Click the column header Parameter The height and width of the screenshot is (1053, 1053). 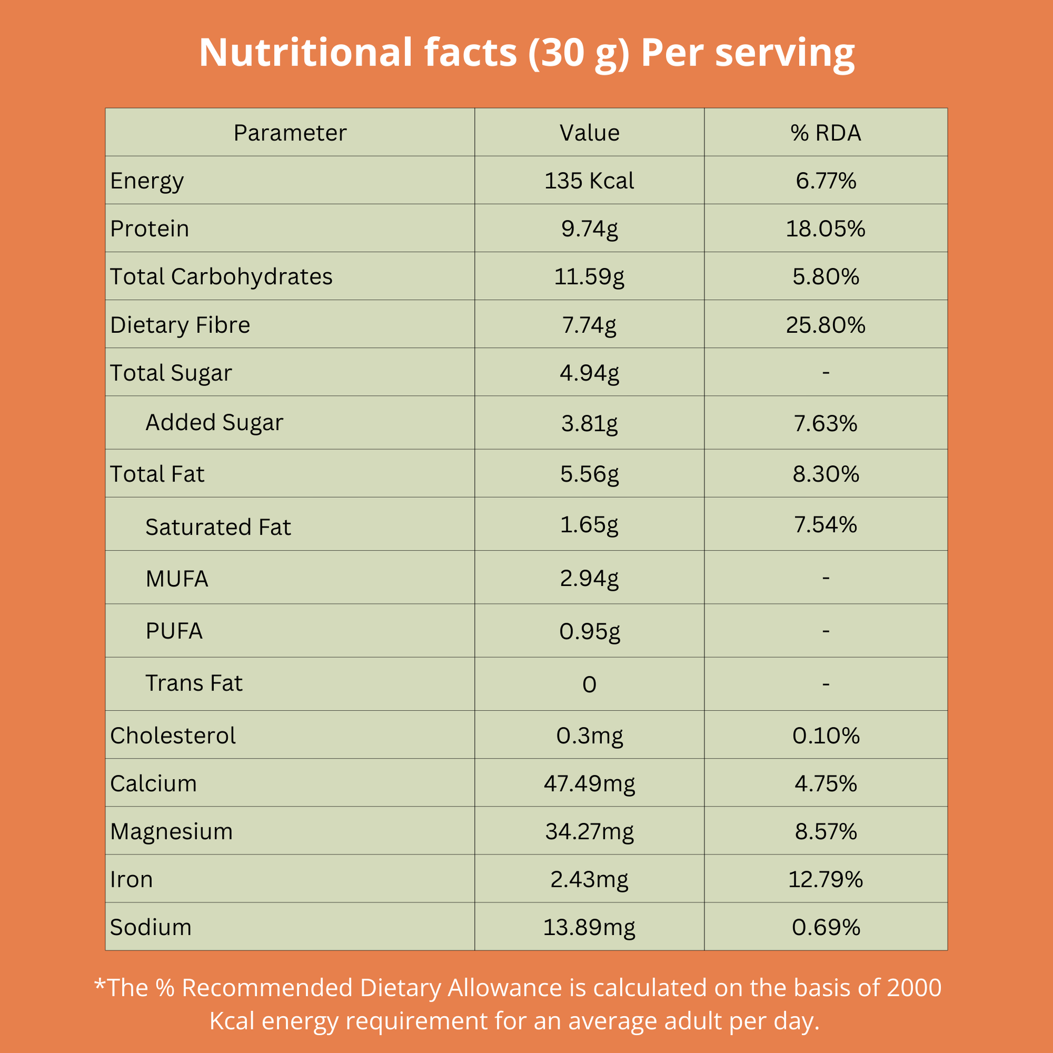290,133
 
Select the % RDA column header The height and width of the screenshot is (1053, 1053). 826,133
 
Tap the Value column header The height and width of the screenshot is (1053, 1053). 589,133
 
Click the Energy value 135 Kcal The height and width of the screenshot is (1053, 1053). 589,181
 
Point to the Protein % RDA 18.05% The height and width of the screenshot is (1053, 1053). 825,229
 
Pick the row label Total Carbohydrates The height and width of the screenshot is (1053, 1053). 221,277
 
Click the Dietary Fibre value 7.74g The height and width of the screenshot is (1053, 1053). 589,325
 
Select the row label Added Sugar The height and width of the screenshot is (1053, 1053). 214,423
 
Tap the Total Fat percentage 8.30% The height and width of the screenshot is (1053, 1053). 826,474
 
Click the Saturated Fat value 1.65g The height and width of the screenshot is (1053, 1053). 589,525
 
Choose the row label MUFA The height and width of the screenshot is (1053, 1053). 177,579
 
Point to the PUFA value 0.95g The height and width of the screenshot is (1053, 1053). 589,631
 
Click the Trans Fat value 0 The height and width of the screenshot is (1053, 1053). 589,685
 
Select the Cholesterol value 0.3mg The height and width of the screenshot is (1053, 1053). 589,736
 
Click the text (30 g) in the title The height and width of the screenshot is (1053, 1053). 578,54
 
